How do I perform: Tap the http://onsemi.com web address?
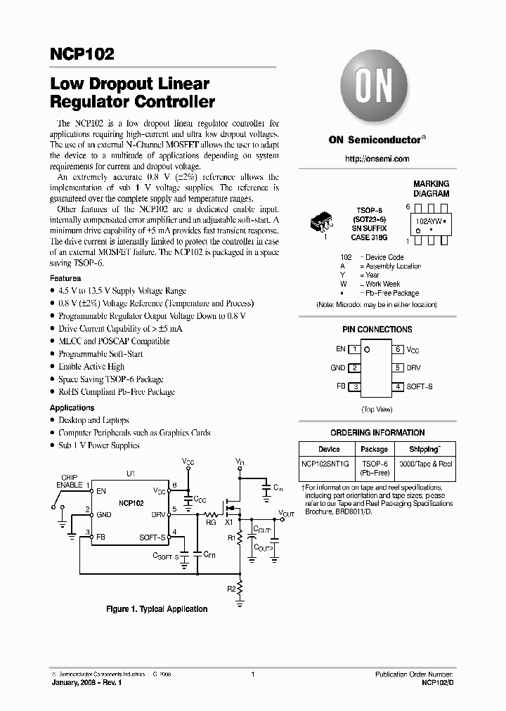[377, 159]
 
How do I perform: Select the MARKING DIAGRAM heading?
[431, 189]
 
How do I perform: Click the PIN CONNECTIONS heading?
[377, 330]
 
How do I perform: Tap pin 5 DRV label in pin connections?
[413, 367]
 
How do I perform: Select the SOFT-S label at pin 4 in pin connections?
[420, 387]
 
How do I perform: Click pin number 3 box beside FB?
[356, 387]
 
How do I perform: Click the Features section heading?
[65, 279]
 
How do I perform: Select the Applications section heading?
[72, 408]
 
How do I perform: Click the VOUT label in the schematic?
[286, 514]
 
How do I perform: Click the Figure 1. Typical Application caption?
[156, 609]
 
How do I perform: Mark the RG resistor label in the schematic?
[211, 521]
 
